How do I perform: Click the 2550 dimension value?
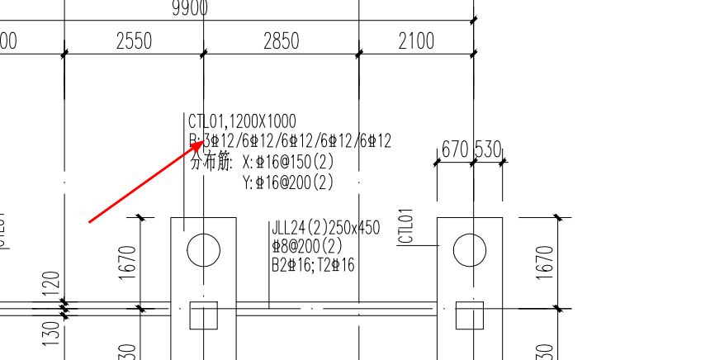pyautogui.click(x=133, y=41)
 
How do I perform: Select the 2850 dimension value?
pyautogui.click(x=281, y=41)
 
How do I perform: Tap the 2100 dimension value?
pyautogui.click(x=416, y=41)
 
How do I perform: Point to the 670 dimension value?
pyautogui.click(x=455, y=149)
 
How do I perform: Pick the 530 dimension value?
pyautogui.click(x=488, y=149)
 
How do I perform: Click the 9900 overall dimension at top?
pyautogui.click(x=190, y=9)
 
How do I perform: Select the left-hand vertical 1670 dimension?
pyautogui.click(x=128, y=262)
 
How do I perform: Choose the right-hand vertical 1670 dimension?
pyautogui.click(x=544, y=262)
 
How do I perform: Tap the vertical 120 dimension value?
pyautogui.click(x=50, y=284)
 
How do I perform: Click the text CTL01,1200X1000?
pyautogui.click(x=242, y=122)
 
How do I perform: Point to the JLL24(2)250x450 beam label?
pyautogui.click(x=325, y=228)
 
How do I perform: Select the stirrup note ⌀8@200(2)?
pyautogui.click(x=306, y=246)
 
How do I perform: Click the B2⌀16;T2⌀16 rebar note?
pyautogui.click(x=313, y=265)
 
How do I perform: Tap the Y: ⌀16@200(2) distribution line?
pyautogui.click(x=287, y=182)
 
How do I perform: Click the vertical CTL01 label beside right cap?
pyautogui.click(x=405, y=226)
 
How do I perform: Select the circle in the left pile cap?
pyautogui.click(x=203, y=249)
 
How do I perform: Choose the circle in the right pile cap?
pyautogui.click(x=469, y=249)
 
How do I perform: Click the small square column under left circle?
pyautogui.click(x=203, y=315)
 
